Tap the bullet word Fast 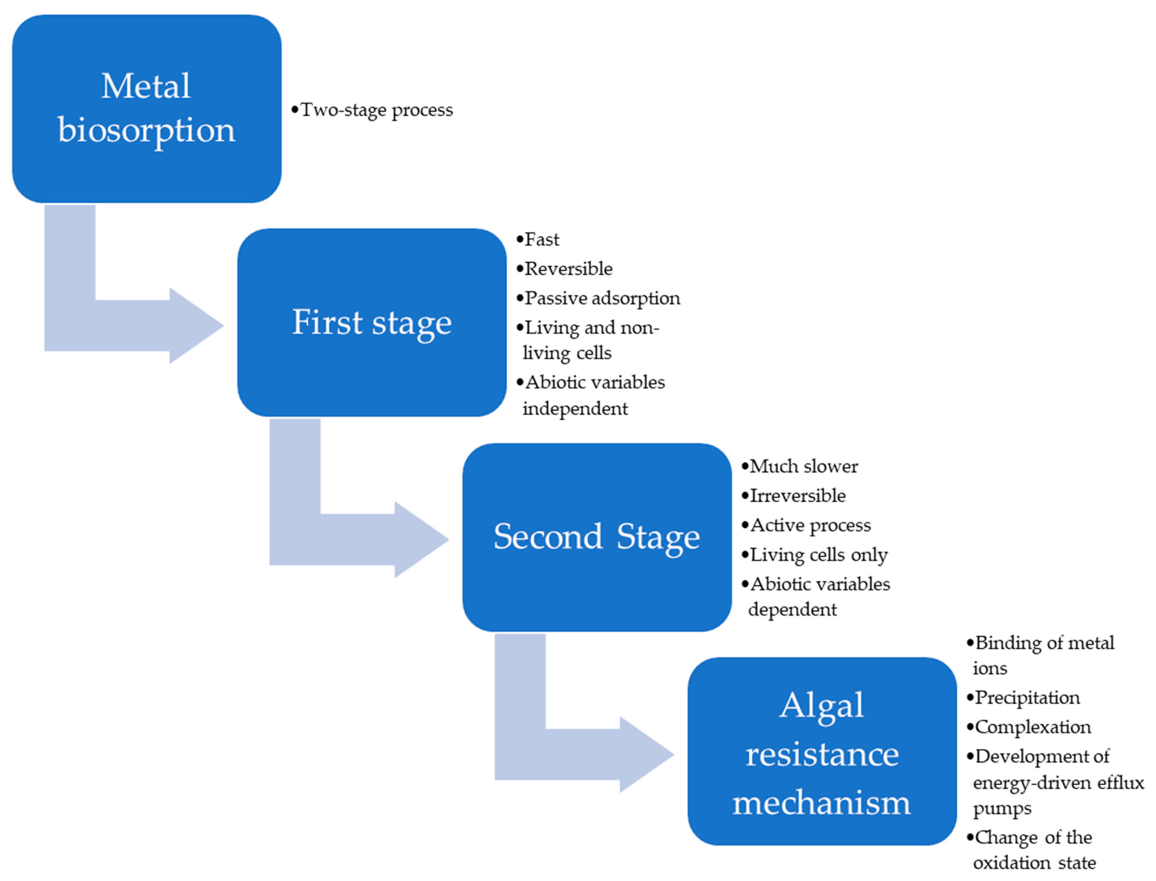[x=542, y=240]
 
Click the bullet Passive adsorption [x=602, y=298]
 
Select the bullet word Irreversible [x=797, y=496]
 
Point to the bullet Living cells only [x=818, y=555]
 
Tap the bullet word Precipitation [x=1027, y=698]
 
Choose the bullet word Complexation [x=1033, y=727]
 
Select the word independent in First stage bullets [x=575, y=409]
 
